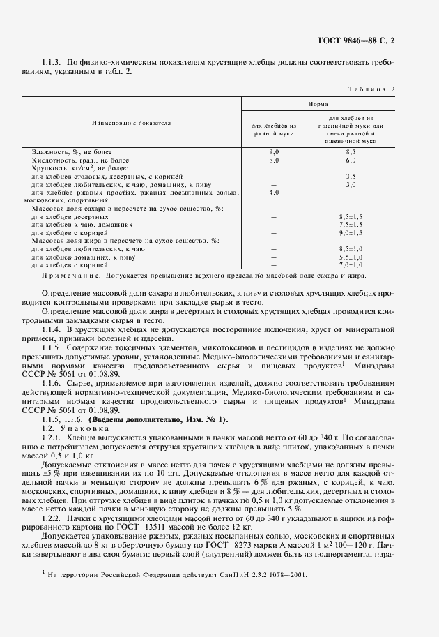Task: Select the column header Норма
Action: (x=317, y=103)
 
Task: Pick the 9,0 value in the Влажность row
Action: (x=274, y=151)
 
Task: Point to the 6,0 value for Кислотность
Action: (x=351, y=160)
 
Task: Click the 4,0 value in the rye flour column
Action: (x=274, y=192)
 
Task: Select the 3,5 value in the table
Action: (x=351, y=177)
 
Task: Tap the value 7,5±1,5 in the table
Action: (x=351, y=225)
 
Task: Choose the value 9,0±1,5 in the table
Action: (x=351, y=232)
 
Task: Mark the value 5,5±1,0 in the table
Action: (x=351, y=257)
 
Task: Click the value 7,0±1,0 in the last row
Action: (x=351, y=264)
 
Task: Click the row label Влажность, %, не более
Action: (x=72, y=151)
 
